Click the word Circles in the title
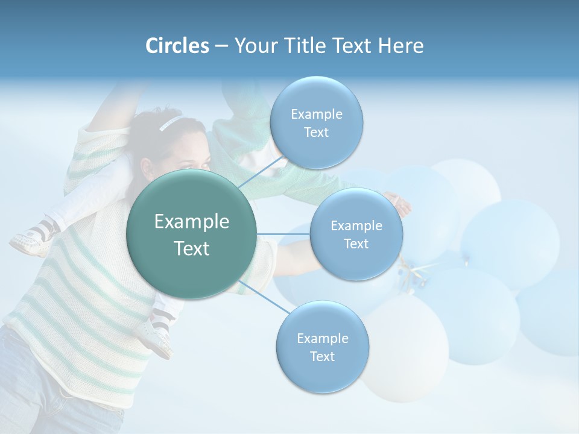177,46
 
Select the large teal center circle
192,234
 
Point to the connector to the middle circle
283,234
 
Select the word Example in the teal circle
192,222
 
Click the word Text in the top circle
316,133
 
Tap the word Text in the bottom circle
322,357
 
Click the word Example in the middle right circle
356,226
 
